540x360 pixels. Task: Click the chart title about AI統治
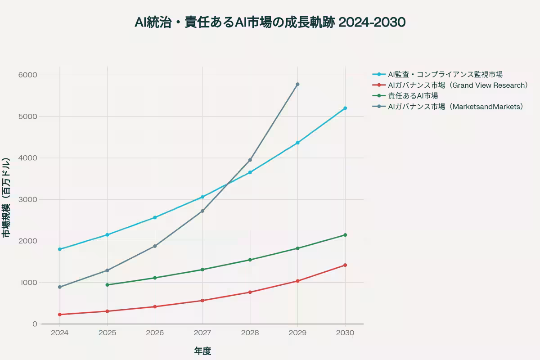point(270,22)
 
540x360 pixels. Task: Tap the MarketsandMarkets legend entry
point(456,107)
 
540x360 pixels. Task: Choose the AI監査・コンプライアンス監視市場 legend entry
point(445,74)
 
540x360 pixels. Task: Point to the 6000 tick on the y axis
point(27,75)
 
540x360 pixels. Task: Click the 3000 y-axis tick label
point(27,199)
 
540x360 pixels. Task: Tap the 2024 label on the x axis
point(59,333)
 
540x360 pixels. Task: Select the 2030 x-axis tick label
point(345,333)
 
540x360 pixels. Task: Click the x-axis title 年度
point(202,351)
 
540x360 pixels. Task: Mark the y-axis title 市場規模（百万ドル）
point(6,198)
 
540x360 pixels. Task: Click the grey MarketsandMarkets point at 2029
point(297,84)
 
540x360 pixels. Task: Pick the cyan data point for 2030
point(345,108)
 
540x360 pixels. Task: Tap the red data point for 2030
point(345,265)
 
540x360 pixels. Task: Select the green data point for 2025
point(107,285)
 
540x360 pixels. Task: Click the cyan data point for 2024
point(59,249)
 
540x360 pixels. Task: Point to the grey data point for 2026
point(155,246)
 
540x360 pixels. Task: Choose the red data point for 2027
point(202,301)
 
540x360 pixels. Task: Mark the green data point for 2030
point(345,235)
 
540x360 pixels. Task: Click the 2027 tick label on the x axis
point(202,333)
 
